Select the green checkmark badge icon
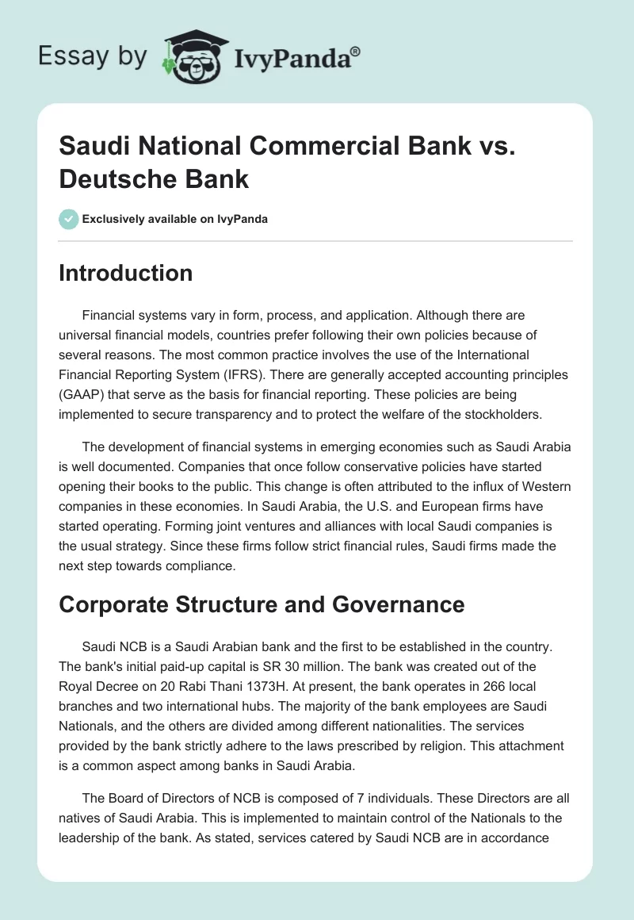(x=69, y=219)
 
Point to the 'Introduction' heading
(x=126, y=273)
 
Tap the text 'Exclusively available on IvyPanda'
(x=175, y=219)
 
